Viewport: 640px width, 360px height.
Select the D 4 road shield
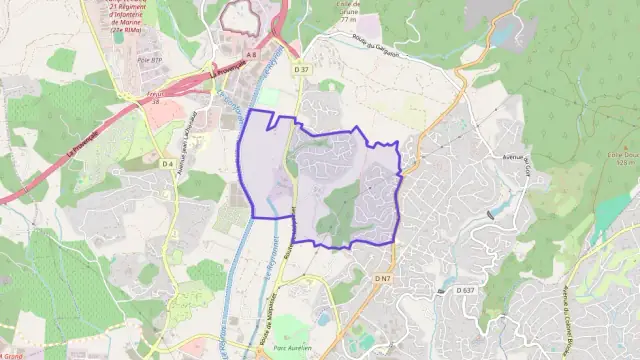point(167,163)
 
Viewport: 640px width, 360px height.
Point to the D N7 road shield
point(382,277)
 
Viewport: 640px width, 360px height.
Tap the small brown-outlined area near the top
point(240,15)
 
